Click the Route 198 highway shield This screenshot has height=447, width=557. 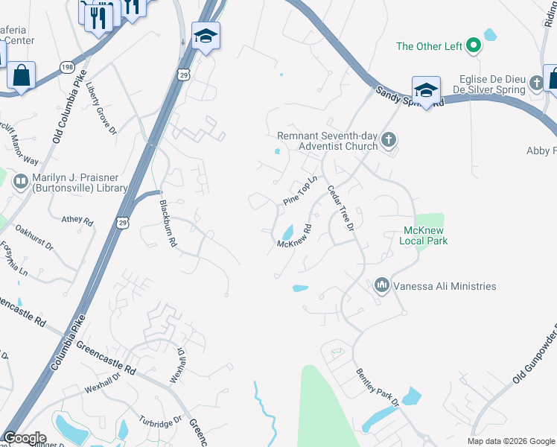pos(68,67)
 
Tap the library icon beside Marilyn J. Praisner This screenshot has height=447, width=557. pos(21,181)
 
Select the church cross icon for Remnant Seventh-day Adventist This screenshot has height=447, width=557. pos(388,140)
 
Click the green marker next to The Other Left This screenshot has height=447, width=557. pos(472,46)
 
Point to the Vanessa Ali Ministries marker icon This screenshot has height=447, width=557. pos(382,285)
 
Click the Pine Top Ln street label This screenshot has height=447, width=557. pos(300,192)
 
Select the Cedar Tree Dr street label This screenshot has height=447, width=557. pos(340,212)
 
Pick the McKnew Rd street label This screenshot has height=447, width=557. pos(293,238)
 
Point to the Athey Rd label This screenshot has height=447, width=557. pos(77,221)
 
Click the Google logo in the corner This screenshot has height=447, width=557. pos(25,438)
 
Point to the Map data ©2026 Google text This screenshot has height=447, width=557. pos(511,441)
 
